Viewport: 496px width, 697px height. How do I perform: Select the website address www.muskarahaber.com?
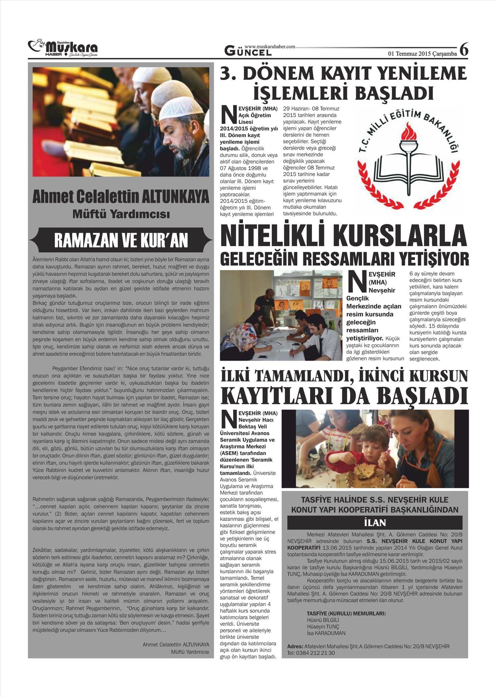coord(270,47)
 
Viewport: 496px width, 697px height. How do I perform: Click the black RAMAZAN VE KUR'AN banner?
coord(121,240)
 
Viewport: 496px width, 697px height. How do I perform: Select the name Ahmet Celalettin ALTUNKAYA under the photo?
coord(121,198)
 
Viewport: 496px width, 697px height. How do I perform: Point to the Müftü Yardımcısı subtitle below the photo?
coord(121,214)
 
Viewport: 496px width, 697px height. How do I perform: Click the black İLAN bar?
coord(375,523)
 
